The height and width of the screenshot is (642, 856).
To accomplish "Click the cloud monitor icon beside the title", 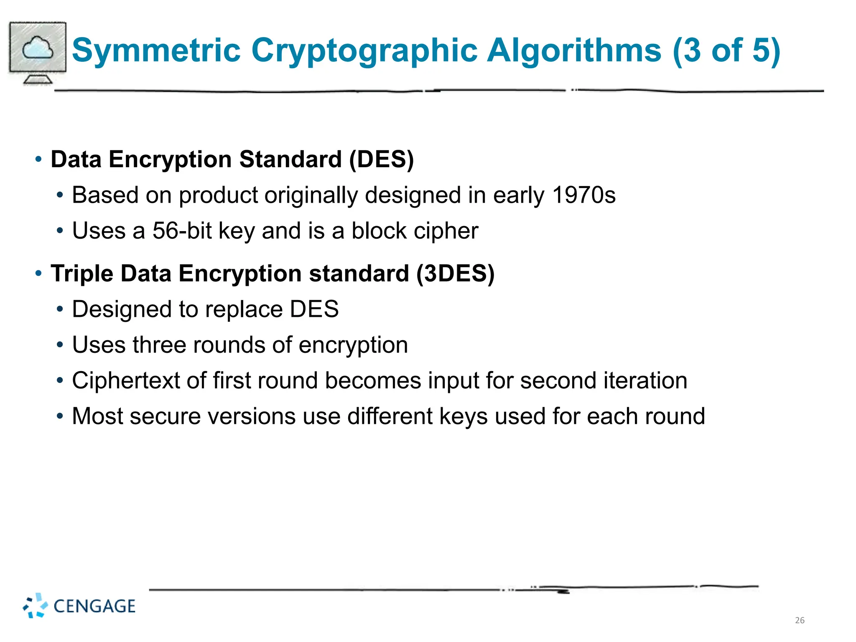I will (38, 52).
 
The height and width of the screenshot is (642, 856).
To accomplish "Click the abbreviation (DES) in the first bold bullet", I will (381, 160).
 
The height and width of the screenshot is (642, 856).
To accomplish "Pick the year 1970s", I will (583, 195).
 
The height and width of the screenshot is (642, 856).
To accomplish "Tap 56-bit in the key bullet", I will (182, 231).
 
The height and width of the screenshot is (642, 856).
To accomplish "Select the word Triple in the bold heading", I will (82, 274).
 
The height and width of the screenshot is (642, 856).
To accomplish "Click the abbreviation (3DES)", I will (455, 274).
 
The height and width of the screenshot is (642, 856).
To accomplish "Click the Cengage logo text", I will (94, 606).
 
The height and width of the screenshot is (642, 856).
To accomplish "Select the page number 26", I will (800, 620).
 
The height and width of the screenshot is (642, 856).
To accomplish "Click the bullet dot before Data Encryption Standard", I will (38, 159).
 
